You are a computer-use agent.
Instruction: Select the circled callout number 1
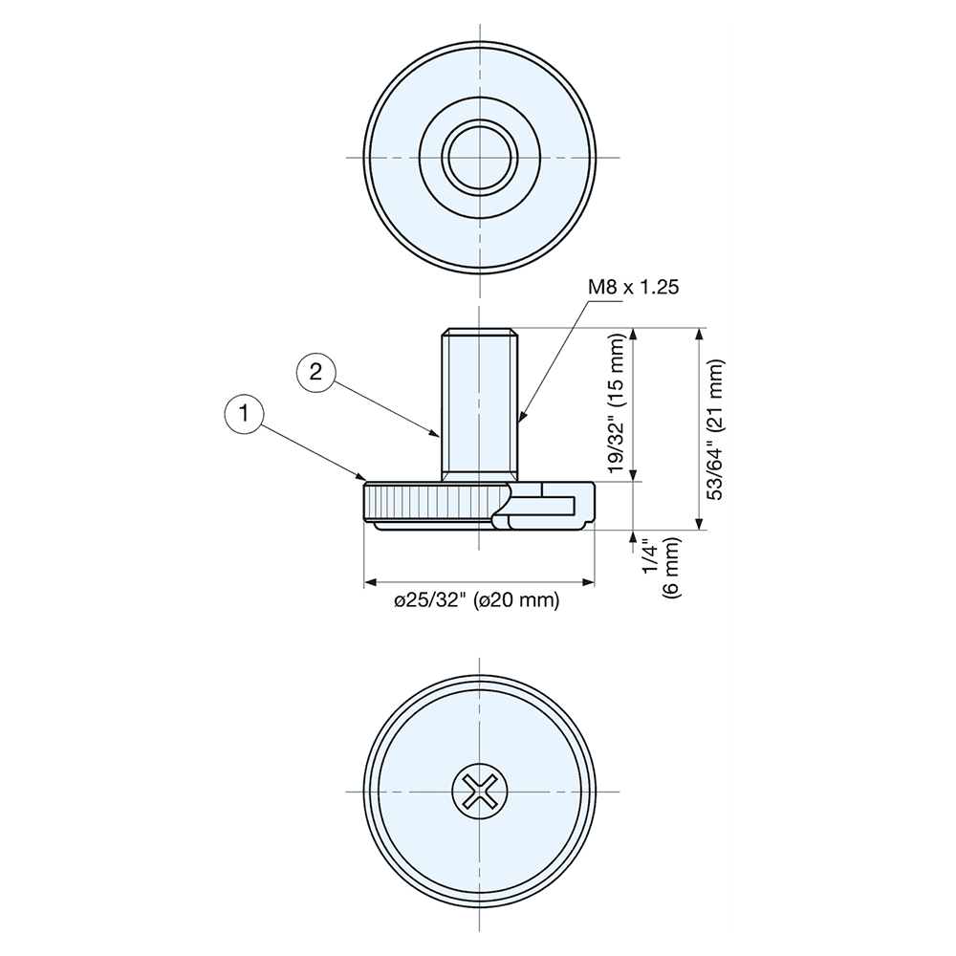point(245,414)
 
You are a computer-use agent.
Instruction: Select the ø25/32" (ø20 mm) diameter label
point(477,600)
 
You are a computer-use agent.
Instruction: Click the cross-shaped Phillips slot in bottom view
point(478,792)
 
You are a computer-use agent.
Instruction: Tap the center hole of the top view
point(479,157)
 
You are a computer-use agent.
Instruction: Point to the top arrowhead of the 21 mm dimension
point(701,335)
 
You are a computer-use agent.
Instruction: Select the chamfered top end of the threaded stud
point(479,334)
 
